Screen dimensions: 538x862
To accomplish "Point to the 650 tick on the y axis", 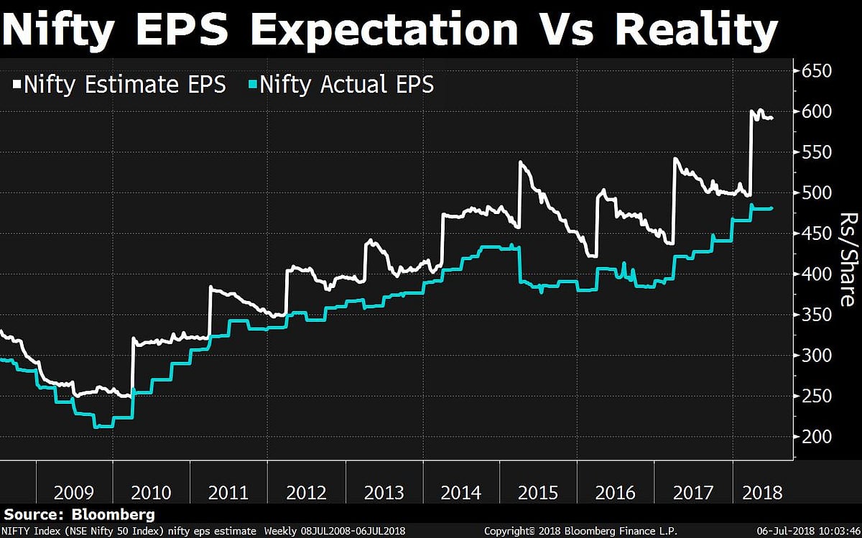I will click(x=817, y=71).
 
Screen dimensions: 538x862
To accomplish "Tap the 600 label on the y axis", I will click(x=817, y=111).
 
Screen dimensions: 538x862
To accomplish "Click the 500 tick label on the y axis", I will click(x=817, y=193).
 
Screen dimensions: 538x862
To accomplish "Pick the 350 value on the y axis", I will click(x=817, y=315).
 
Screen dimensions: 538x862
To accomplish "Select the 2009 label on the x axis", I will click(x=73, y=493).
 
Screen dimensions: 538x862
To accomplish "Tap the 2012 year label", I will click(x=307, y=493).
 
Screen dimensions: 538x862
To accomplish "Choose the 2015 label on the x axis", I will click(x=539, y=493).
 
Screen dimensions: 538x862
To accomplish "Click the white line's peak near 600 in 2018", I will click(x=753, y=110).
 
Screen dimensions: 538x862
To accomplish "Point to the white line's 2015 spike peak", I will click(x=520, y=163).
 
